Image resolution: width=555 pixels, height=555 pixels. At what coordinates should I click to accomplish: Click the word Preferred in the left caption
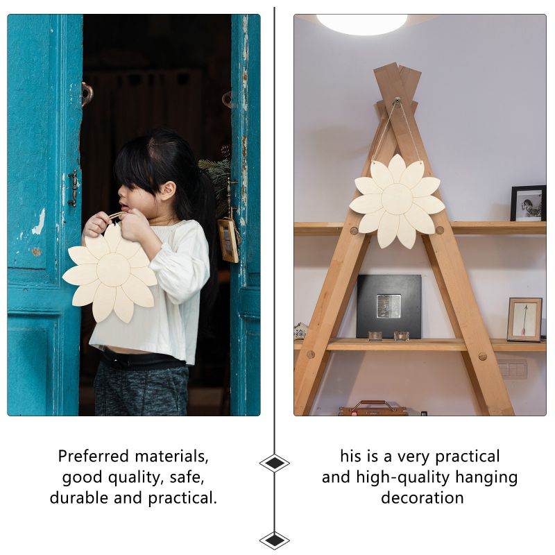(94, 456)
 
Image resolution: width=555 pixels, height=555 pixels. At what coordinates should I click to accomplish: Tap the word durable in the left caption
(79, 498)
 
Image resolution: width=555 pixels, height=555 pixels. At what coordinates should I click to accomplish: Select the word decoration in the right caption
(422, 498)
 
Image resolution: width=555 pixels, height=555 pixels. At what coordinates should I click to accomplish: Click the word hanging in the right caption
(486, 478)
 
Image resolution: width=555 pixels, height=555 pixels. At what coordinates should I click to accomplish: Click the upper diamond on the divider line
(274, 463)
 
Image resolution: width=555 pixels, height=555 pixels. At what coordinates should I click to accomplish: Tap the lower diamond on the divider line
(274, 540)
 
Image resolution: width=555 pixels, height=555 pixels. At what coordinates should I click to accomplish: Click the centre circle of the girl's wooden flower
(113, 270)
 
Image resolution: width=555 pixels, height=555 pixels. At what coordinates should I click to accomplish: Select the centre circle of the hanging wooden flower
(397, 199)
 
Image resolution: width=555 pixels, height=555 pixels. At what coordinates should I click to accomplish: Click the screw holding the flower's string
(397, 101)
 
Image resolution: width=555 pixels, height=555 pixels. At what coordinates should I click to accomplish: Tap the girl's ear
(167, 191)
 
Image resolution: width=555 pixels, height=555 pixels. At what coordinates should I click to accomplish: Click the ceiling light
(361, 24)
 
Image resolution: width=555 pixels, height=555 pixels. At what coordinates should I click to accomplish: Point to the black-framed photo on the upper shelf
(528, 203)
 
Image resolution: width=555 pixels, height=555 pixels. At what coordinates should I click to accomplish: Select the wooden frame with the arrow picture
(524, 320)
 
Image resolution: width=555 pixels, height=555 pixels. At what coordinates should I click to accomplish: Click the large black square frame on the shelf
(388, 306)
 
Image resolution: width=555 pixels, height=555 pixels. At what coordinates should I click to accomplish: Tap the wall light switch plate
(512, 369)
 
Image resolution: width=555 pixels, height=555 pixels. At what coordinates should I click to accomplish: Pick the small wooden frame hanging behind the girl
(228, 240)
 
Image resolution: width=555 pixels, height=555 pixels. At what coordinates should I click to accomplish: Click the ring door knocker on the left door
(86, 94)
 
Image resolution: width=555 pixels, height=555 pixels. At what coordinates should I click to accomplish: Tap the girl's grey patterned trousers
(141, 388)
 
